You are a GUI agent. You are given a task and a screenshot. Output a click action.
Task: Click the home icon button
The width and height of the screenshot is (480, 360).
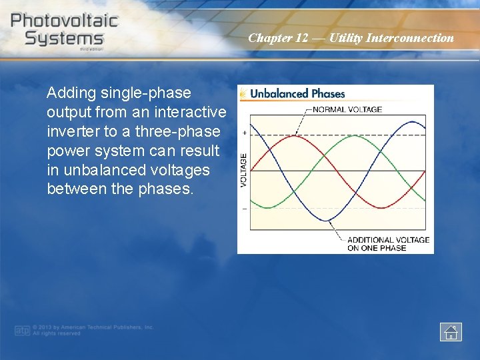(x=451, y=331)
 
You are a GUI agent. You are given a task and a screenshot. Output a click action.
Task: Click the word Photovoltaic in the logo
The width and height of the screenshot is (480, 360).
(x=64, y=20)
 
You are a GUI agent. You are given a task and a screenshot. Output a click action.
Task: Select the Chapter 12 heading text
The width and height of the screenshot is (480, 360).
(x=351, y=38)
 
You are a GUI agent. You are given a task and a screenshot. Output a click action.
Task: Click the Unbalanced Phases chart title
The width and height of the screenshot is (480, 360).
(x=297, y=94)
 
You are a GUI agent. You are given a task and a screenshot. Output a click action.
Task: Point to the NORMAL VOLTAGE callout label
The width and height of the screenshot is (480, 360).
(x=347, y=109)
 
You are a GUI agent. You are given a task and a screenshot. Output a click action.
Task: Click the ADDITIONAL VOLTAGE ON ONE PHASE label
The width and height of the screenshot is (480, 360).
(x=388, y=243)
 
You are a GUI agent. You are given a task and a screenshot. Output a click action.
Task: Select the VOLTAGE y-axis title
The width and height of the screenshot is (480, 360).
(x=243, y=170)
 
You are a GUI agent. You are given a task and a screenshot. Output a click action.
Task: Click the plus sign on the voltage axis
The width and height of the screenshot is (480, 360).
(x=244, y=133)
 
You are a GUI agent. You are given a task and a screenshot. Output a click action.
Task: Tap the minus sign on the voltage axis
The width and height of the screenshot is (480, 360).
(x=244, y=209)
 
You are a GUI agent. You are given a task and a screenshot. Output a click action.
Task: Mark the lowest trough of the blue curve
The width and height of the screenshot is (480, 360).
(x=325, y=221)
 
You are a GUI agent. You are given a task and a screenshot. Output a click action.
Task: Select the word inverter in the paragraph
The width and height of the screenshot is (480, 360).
(x=71, y=131)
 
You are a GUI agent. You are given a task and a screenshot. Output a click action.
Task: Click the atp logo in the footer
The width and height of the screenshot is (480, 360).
(x=22, y=330)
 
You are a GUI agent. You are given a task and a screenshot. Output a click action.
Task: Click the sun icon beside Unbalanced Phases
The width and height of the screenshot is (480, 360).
(x=244, y=94)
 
